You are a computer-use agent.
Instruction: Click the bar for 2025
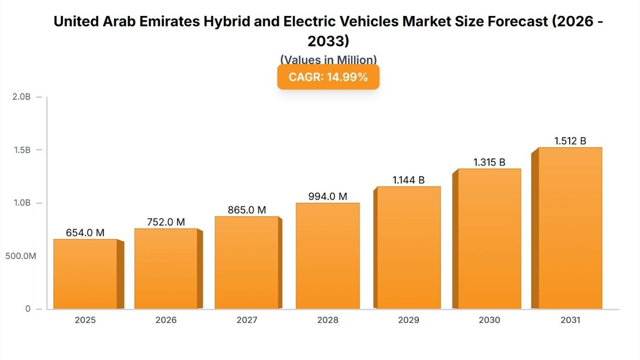point(85,274)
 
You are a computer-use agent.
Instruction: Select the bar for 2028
point(327,256)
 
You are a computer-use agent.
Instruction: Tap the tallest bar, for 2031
point(570,228)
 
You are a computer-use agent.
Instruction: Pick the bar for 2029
point(409,247)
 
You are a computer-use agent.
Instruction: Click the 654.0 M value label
point(85,233)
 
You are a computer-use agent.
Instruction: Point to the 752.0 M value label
point(166,222)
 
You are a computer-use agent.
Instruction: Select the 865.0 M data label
point(247,210)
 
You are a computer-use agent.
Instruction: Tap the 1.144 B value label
point(409,180)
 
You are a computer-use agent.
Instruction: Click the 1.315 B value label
point(489,162)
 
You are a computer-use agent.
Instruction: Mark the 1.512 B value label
point(570,141)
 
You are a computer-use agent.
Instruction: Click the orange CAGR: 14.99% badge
point(328,77)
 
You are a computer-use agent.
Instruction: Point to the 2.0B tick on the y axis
point(21,97)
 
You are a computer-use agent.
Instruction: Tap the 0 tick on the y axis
point(28,309)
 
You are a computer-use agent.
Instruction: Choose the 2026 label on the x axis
point(166,320)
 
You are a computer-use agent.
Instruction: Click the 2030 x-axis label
point(489,320)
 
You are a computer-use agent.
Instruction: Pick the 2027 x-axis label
point(247,320)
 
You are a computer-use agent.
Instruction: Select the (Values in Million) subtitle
point(328,60)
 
